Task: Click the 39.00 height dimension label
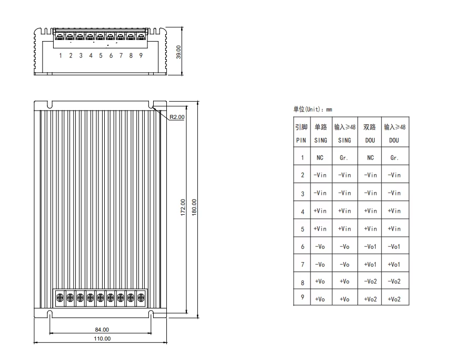tap(178, 52)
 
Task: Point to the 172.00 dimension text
tap(183, 207)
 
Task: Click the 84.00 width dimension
tap(102, 329)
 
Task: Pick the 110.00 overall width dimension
tap(102, 338)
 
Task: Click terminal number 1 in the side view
tap(61, 55)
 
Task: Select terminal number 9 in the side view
tap(141, 55)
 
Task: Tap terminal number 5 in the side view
tap(101, 55)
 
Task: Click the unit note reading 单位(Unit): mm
tap(313, 109)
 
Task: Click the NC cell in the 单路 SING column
tap(320, 157)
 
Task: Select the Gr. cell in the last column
tap(394, 157)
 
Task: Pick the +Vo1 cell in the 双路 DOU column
tap(371, 264)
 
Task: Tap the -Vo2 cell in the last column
tap(394, 282)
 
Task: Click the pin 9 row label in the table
tap(302, 298)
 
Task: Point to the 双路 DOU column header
tap(370, 134)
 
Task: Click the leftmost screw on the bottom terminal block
tap(60, 297)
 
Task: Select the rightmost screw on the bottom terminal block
tap(141, 297)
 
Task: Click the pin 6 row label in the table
tap(302, 246)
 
